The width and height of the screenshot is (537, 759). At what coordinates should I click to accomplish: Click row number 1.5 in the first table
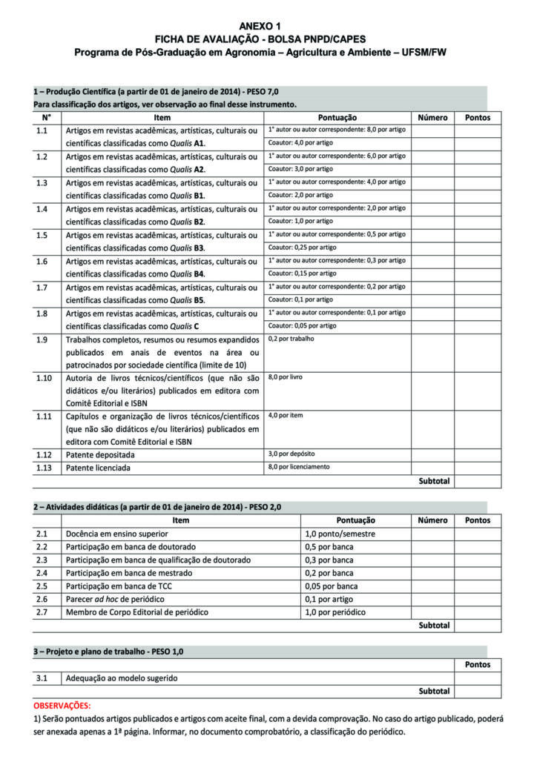(42, 235)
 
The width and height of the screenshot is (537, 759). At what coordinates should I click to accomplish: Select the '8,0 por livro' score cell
(286, 377)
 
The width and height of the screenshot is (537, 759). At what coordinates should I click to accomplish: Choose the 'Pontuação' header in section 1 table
(337, 118)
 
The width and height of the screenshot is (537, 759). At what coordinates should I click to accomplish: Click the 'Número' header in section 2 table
(432, 520)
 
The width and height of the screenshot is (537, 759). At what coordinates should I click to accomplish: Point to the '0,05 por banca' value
(331, 586)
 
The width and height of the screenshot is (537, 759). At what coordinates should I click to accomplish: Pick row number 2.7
(42, 612)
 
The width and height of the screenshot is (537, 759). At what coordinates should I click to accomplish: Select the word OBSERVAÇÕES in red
(62, 706)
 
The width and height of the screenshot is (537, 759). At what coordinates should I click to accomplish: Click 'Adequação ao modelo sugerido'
(122, 677)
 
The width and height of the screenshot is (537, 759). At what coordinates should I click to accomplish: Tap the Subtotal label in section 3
(434, 691)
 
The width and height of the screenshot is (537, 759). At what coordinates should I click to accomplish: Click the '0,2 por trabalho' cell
(291, 339)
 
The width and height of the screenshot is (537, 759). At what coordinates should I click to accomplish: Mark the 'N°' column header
(46, 118)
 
